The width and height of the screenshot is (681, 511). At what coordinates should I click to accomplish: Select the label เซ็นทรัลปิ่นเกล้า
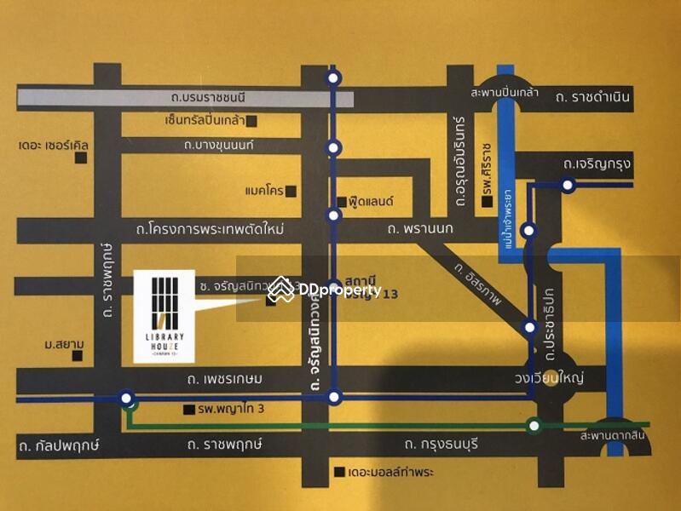pyautogui.click(x=205, y=120)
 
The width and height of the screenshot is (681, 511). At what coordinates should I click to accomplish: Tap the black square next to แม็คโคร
pyautogui.click(x=291, y=191)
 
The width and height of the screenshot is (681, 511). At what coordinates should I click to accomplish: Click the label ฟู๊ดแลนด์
pyautogui.click(x=369, y=203)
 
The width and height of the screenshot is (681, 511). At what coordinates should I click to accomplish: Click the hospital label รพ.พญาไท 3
pyautogui.click(x=231, y=410)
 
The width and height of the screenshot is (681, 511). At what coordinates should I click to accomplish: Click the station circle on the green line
pyautogui.click(x=534, y=425)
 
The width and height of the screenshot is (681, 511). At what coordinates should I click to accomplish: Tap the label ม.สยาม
pyautogui.click(x=64, y=346)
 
